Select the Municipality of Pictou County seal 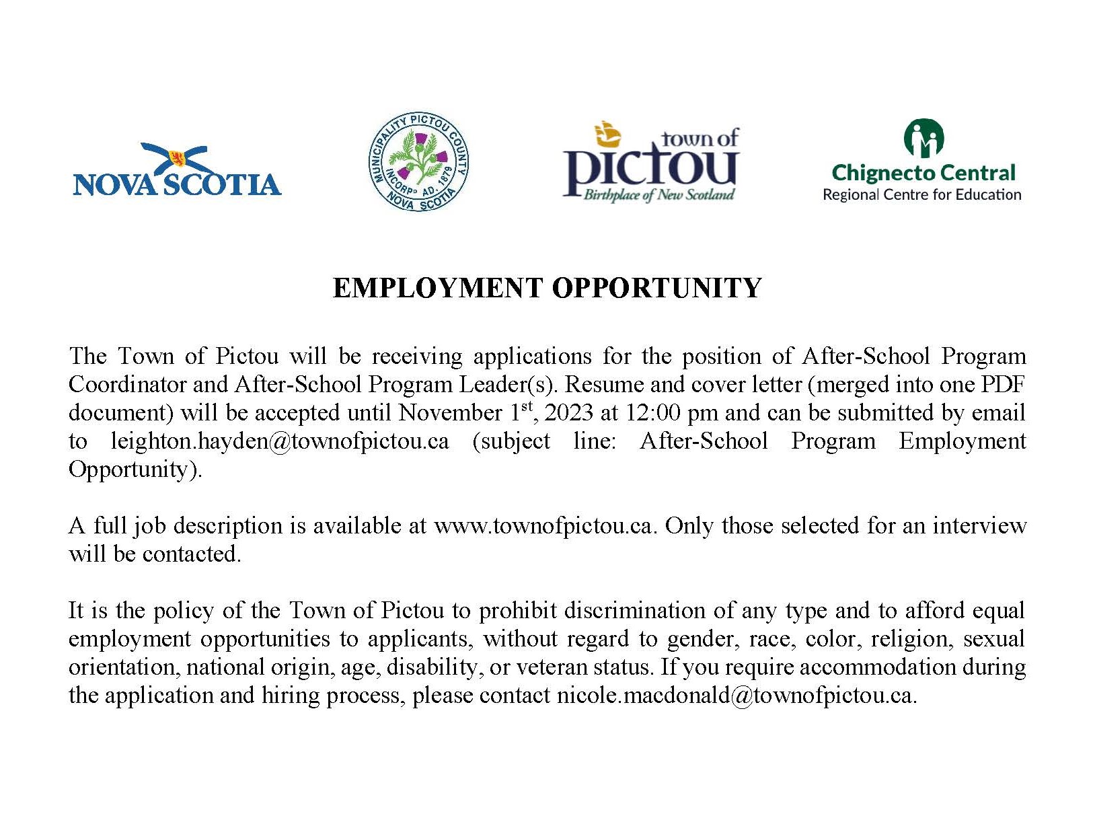418,161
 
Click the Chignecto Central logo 922,161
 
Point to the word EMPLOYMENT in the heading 437,288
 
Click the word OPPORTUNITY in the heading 657,288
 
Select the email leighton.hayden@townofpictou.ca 280,441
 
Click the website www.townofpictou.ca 543,525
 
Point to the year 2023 568,412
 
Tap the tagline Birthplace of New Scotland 658,195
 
